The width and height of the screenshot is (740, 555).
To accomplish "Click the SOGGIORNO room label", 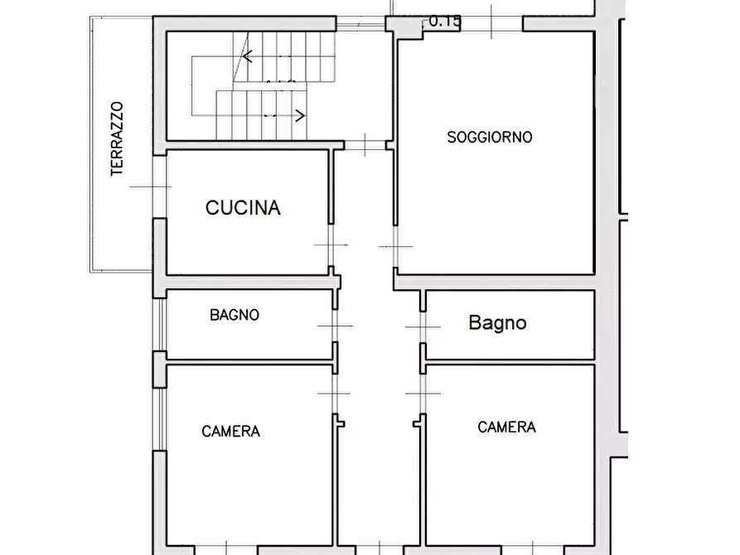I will [489, 137].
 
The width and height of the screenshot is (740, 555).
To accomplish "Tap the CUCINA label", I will [243, 208].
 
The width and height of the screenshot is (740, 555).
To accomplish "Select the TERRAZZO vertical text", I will [117, 138].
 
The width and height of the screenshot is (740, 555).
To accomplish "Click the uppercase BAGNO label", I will [235, 315].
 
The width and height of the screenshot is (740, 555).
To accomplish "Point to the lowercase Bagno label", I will [497, 322].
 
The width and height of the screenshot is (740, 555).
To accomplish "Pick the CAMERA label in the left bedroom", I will [231, 431].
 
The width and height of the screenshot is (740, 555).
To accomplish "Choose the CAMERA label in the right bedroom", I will [506, 427].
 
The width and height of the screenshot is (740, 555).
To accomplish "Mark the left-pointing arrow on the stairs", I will [248, 58].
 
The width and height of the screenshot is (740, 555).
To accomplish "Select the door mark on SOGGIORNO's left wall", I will [395, 245].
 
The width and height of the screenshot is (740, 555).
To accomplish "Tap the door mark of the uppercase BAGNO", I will [335, 326].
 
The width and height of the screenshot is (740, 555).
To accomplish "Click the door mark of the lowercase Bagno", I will [422, 327].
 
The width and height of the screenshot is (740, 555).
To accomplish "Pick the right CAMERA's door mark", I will [422, 392].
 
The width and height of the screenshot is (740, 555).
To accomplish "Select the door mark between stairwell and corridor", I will [365, 145].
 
